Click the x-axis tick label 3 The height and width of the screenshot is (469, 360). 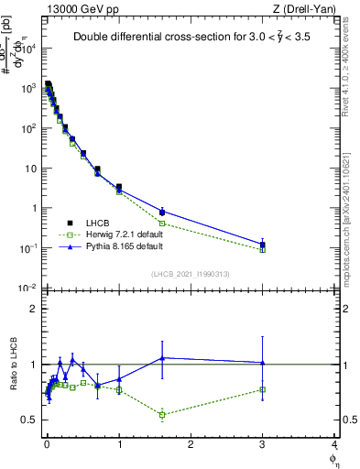coord(262,446)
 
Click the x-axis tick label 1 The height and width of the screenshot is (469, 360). coord(119,446)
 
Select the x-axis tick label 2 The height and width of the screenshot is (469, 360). coord(191,446)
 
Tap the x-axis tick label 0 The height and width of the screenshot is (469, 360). coord(47,446)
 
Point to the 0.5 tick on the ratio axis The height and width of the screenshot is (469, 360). coord(33,420)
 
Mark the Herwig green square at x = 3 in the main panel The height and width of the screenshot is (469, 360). coord(262,249)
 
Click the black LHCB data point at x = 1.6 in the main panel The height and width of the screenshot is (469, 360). coord(162,212)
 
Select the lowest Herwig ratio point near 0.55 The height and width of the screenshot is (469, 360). coord(162,415)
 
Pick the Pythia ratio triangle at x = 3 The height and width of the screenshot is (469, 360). coord(262,362)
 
